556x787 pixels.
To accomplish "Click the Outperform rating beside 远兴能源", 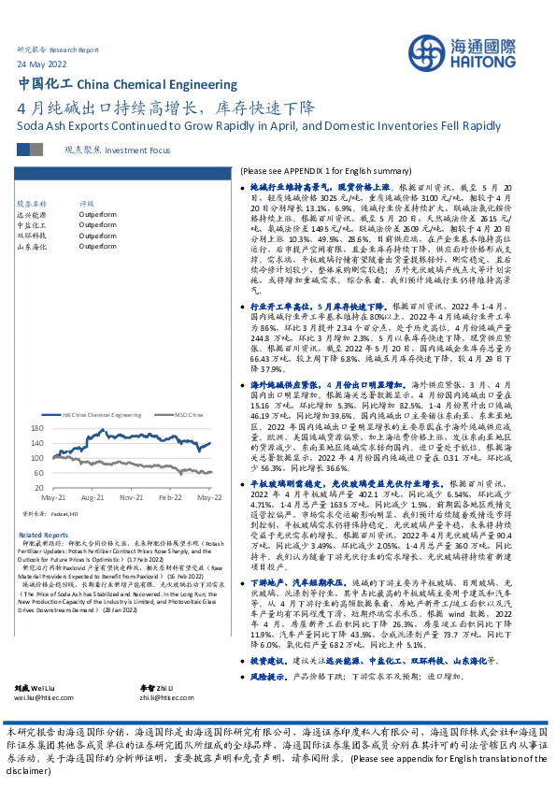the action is point(98,214).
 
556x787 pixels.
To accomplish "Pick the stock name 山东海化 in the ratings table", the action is point(34,248).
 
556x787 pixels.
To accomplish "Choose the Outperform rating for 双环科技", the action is point(98,236).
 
